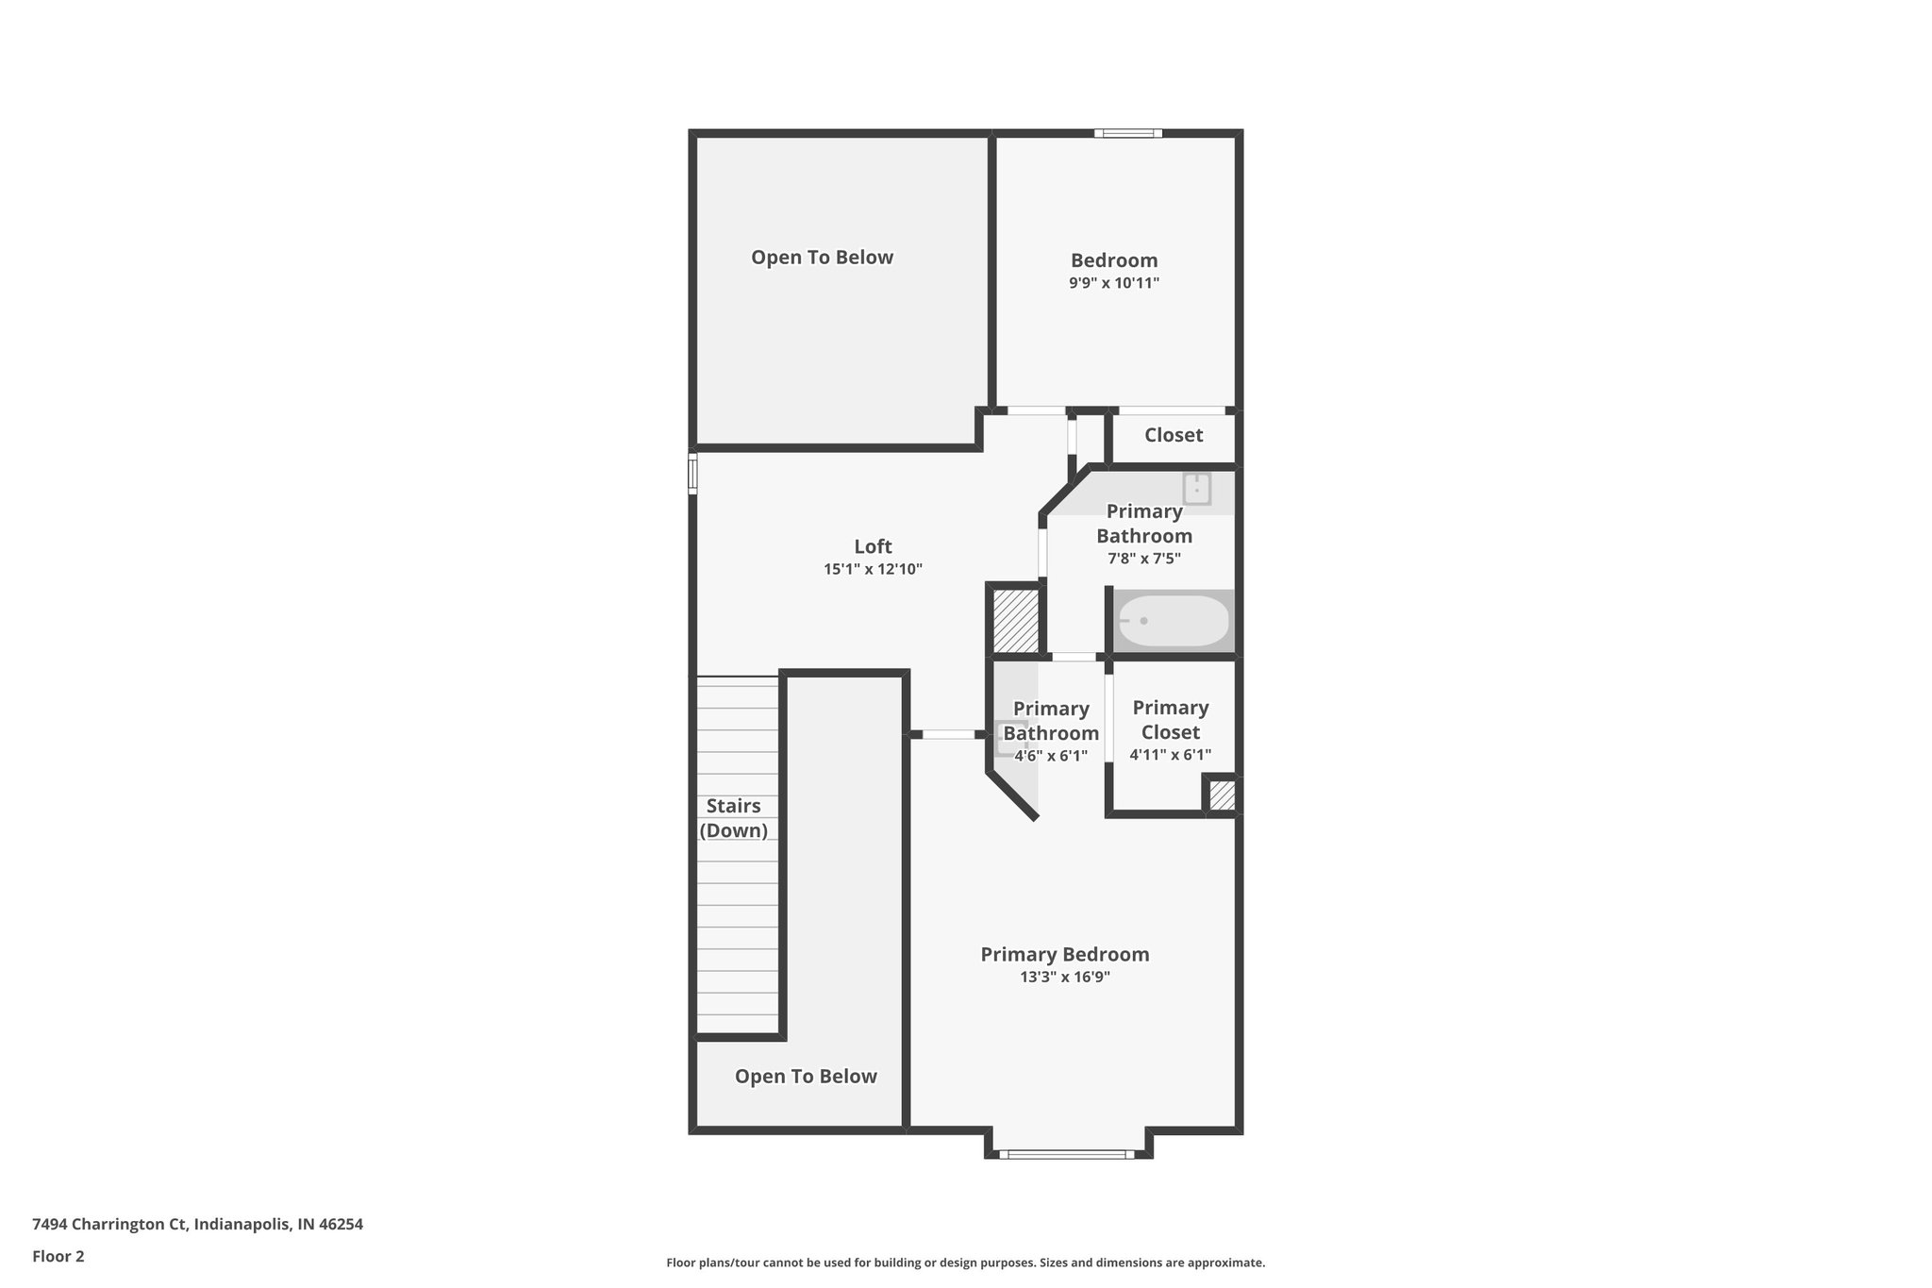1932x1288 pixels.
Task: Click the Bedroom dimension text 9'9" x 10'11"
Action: tap(1113, 283)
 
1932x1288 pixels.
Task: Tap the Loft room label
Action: tap(873, 546)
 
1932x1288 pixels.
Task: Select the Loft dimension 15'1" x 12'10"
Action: tap(873, 569)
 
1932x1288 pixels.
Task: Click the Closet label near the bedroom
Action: tap(1174, 435)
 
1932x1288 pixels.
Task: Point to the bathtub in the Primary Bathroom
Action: tap(1174, 621)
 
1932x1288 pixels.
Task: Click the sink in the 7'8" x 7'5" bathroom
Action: tap(1196, 489)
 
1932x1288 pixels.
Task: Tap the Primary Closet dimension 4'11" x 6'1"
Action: tap(1170, 755)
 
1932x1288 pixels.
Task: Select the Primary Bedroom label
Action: tap(1064, 954)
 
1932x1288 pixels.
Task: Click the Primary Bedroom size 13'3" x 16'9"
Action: tap(1064, 977)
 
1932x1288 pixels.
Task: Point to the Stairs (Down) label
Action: tap(733, 818)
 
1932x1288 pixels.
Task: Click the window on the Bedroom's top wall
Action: tap(1128, 133)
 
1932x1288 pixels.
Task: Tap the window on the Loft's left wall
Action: tap(692, 473)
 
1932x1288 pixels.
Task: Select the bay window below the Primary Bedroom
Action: tap(1067, 1153)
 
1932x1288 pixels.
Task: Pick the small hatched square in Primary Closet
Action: tap(1222, 795)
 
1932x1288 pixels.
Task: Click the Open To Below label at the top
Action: tap(822, 258)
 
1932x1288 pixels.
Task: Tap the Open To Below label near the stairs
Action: tap(806, 1077)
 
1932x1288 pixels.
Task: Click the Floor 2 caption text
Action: tap(58, 1256)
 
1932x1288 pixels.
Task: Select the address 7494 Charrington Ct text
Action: tap(197, 1224)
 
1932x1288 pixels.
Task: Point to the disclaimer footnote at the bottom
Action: tap(965, 1263)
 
